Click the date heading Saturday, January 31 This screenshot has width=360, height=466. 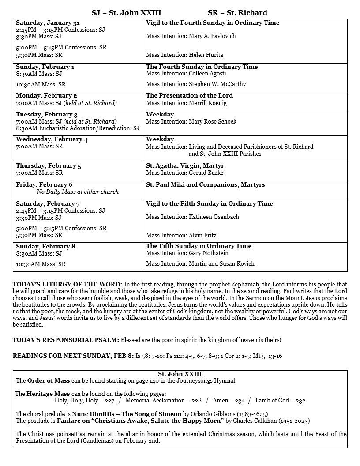click(48, 23)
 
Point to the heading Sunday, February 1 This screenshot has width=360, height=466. click(45, 67)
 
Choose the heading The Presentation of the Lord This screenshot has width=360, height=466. click(189, 95)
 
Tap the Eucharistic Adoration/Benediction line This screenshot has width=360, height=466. click(78, 128)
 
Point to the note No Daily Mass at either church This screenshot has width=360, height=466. click(78, 192)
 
